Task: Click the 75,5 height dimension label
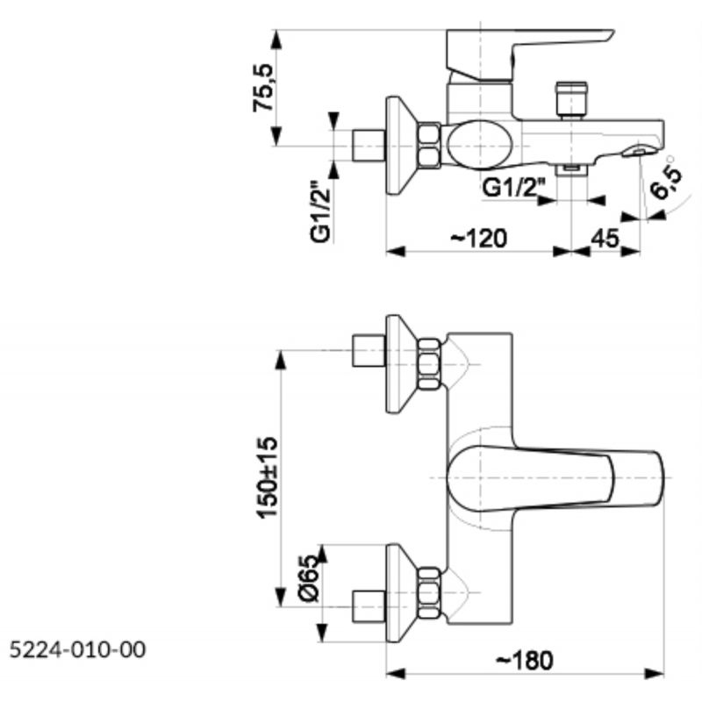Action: pyautogui.click(x=262, y=88)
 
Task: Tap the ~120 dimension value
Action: pyautogui.click(x=478, y=238)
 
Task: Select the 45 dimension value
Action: pyautogui.click(x=605, y=238)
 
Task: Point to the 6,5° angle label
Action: pyautogui.click(x=667, y=178)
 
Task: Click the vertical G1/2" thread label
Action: pyautogui.click(x=320, y=211)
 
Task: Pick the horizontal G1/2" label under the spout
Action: pyautogui.click(x=514, y=188)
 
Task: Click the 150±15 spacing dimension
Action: pyautogui.click(x=267, y=477)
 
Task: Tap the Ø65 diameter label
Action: pyautogui.click(x=310, y=578)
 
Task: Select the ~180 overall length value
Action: pyautogui.click(x=525, y=661)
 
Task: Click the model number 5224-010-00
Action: pyautogui.click(x=78, y=649)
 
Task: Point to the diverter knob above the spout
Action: pyautogui.click(x=571, y=100)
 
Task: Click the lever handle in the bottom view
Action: pyautogui.click(x=555, y=478)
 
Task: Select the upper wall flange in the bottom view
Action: pyautogui.click(x=402, y=363)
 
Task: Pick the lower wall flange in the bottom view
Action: pyautogui.click(x=402, y=593)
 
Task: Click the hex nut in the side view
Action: pyautogui.click(x=429, y=146)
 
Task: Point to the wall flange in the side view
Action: pyautogui.click(x=402, y=146)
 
